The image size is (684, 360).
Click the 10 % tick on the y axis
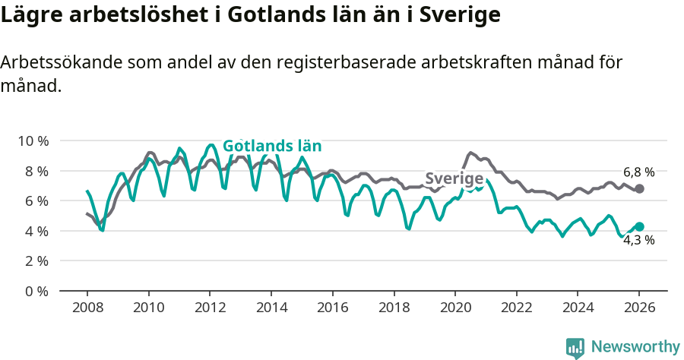tap(33, 141)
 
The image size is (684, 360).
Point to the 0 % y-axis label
tap(36, 291)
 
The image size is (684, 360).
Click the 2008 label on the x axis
tap(87, 310)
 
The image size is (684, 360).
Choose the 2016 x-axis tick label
tap(332, 310)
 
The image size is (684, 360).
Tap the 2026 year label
tap(639, 310)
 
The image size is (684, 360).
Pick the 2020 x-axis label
tap(455, 310)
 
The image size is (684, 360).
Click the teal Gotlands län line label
tap(272, 147)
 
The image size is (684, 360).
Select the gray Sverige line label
tap(454, 179)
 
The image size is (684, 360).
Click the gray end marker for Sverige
tap(639, 188)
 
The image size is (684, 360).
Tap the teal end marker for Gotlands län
tap(639, 226)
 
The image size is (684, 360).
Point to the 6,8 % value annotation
tap(638, 172)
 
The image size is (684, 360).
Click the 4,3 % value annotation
tap(638, 241)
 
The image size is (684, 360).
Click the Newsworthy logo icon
tap(575, 347)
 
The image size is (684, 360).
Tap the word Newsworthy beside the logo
tap(635, 347)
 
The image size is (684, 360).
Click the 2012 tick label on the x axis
tap(210, 310)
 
